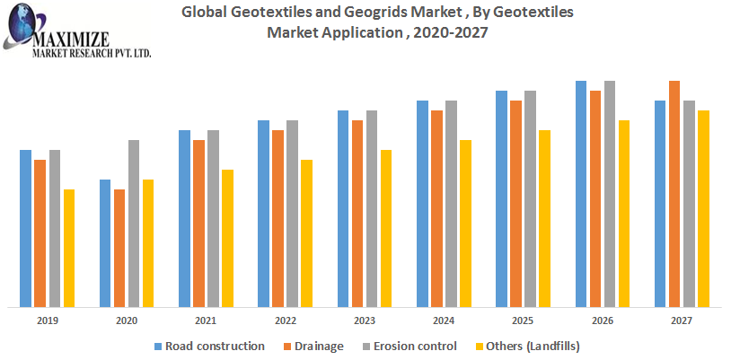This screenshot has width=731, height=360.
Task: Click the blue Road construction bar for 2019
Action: (26, 228)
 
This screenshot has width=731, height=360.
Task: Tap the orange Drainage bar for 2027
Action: (674, 193)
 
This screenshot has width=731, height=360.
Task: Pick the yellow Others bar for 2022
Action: (306, 233)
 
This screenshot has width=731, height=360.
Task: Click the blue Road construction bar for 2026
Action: (581, 193)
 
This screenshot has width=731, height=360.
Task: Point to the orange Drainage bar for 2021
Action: (198, 223)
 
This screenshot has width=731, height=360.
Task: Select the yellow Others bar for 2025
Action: (544, 218)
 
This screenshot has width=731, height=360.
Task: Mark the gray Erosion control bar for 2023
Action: (372, 208)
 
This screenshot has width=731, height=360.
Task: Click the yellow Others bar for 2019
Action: (69, 248)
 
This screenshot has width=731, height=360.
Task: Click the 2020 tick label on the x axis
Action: (127, 320)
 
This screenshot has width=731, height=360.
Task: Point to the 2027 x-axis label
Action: (682, 320)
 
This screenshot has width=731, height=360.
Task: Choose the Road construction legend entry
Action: (214, 346)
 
